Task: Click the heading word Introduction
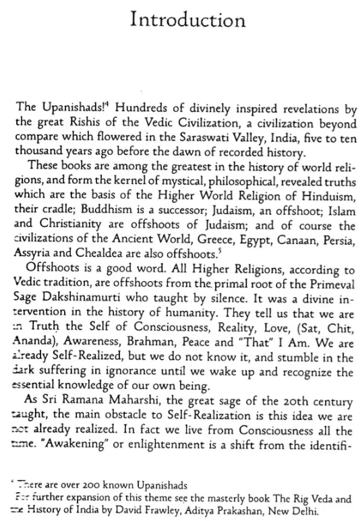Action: (179, 22)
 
